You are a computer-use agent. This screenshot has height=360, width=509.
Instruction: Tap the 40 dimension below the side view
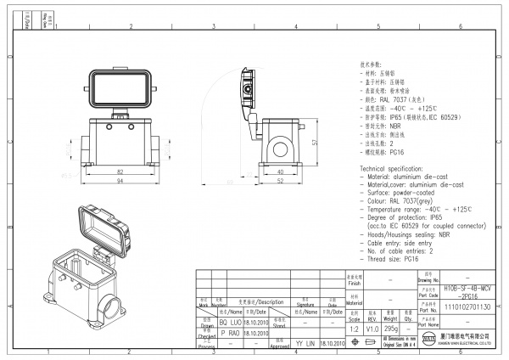click(280, 171)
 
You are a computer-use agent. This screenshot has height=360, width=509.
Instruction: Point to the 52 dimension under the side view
click(280, 182)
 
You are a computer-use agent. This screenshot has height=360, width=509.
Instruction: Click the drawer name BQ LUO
click(230, 323)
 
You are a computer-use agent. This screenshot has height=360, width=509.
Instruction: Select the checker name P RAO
click(230, 334)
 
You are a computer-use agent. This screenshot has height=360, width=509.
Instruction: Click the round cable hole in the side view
click(281, 153)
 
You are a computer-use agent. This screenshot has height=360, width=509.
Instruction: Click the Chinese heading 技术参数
click(374, 64)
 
